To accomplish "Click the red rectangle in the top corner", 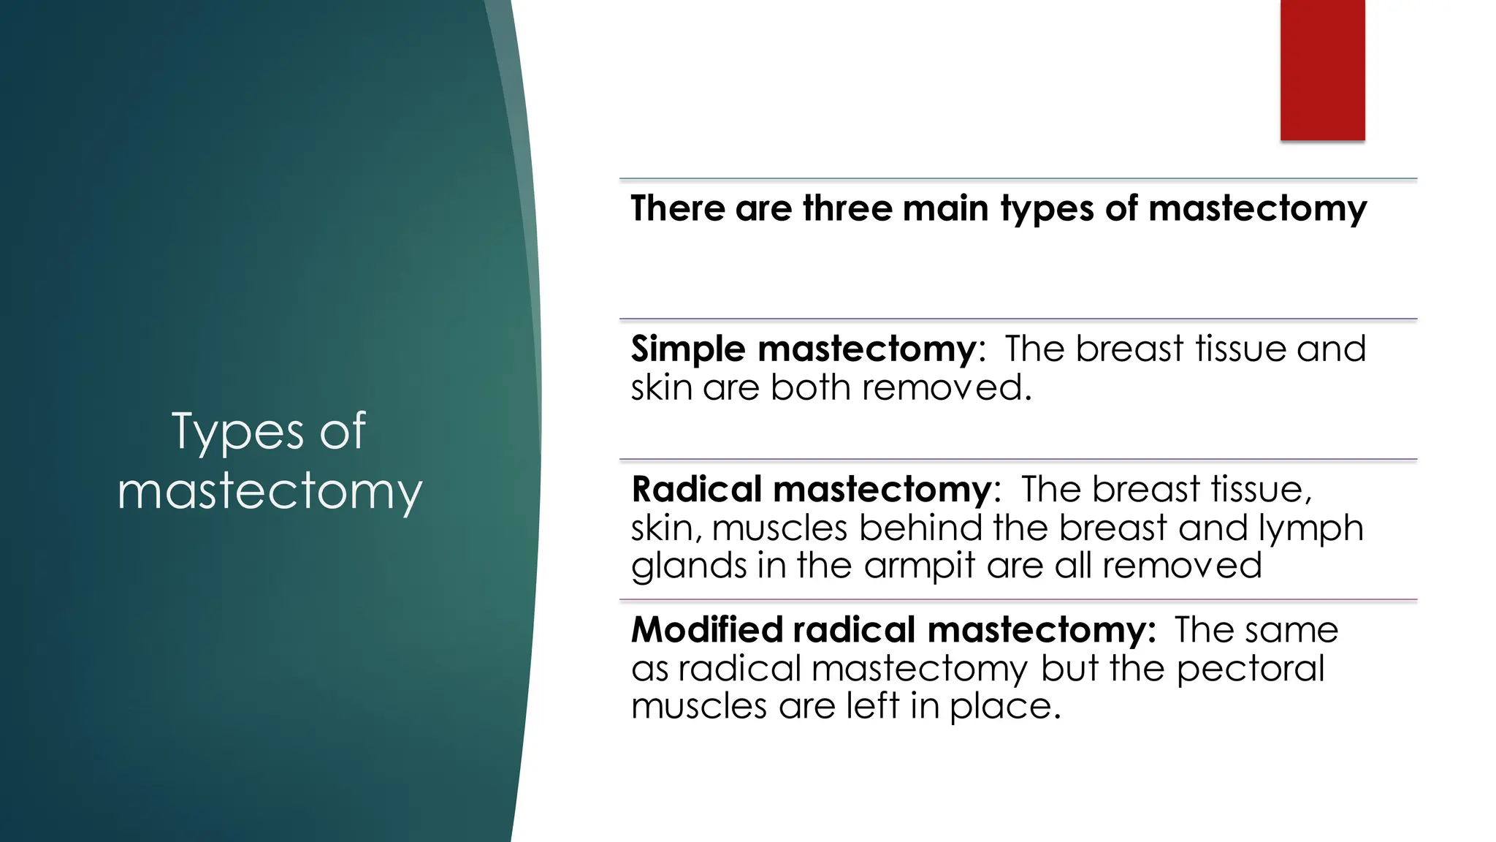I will [x=1322, y=69].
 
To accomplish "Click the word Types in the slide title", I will [x=237, y=431].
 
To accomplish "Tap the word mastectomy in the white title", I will [x=270, y=491].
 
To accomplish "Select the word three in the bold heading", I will [x=847, y=208].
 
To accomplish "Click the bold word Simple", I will [x=689, y=349].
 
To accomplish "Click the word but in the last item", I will [x=1069, y=668].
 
